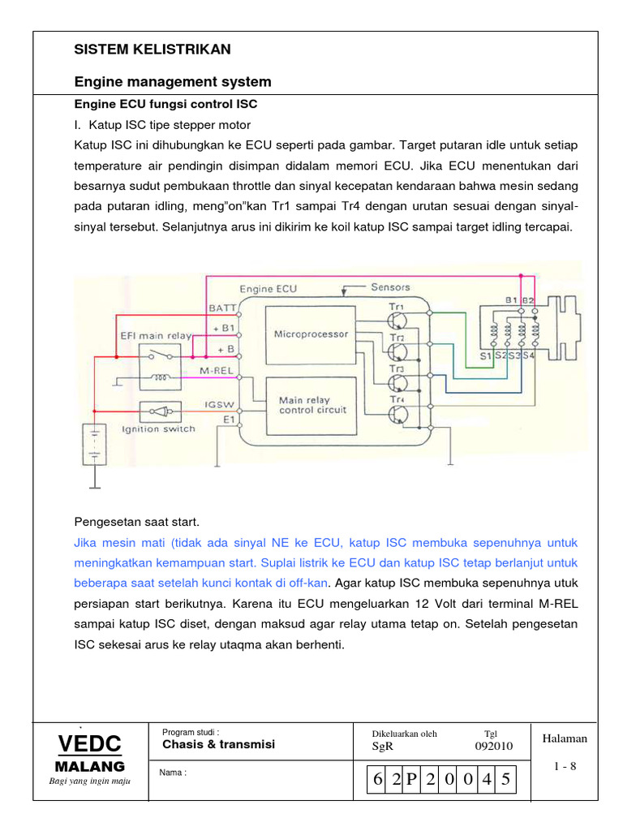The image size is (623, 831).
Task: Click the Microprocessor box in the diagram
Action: (311, 334)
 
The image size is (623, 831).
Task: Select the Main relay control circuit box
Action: (311, 405)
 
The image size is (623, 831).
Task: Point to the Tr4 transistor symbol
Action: (397, 414)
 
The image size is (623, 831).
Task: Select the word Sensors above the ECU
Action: (390, 287)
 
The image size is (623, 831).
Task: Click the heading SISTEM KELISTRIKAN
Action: (153, 50)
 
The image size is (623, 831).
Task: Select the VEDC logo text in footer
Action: (89, 743)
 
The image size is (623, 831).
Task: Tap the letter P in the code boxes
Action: (411, 781)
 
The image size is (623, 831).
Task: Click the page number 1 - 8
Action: (565, 766)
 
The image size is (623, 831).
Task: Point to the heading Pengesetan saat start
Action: (136, 521)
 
